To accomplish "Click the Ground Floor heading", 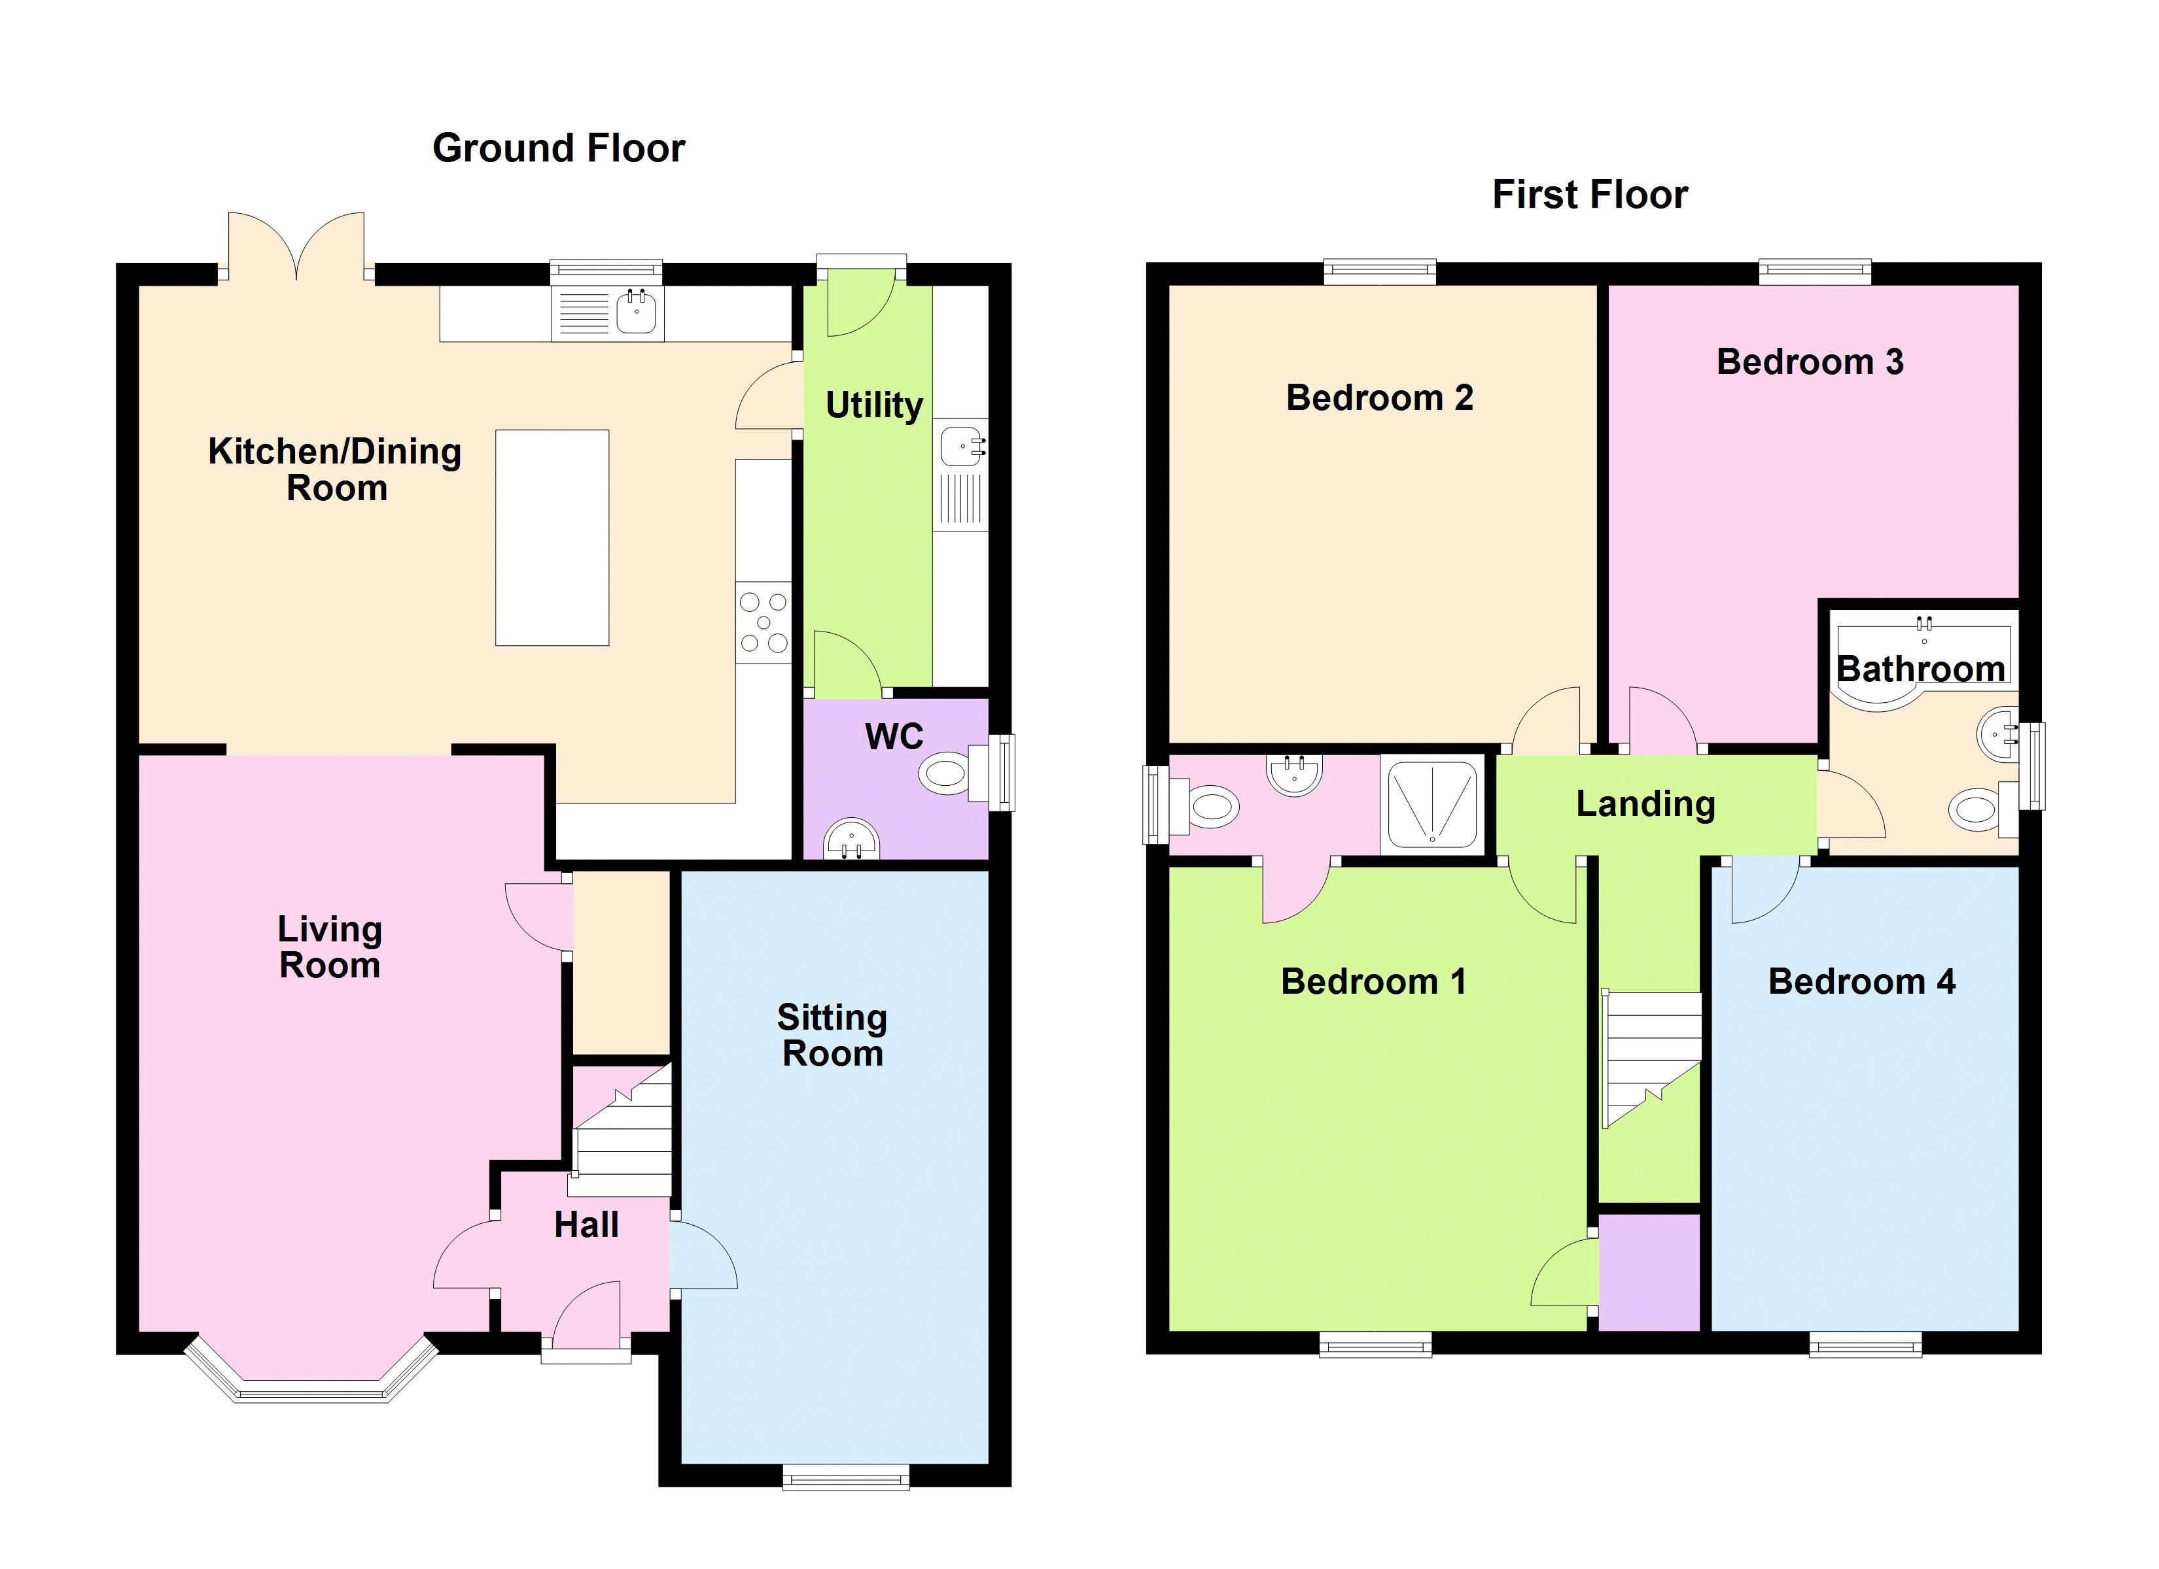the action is click(559, 148).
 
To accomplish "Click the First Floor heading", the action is click(1590, 195).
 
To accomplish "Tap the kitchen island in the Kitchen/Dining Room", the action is click(552, 537).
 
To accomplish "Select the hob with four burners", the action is click(764, 622).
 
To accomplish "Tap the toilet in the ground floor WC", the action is click(957, 771).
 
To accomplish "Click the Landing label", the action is click(1646, 805).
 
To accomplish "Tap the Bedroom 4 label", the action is click(1861, 981).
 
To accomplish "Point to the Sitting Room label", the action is click(832, 1036).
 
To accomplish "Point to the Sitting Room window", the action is click(845, 1477).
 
